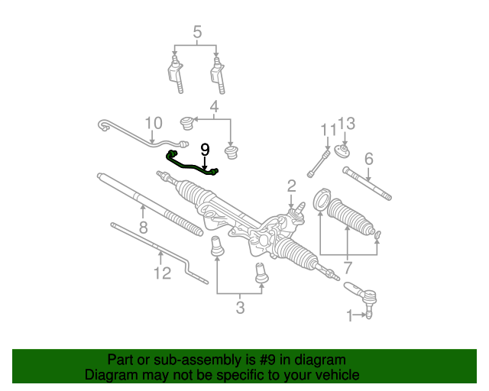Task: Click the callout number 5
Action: point(197,33)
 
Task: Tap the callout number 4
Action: point(215,107)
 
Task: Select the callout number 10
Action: point(154,123)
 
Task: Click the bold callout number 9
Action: point(205,150)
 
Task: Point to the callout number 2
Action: point(291,185)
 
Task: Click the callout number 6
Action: point(368,159)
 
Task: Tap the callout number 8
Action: point(143,228)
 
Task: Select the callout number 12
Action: point(162,273)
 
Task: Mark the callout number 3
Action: point(240,308)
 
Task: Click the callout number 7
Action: point(348,268)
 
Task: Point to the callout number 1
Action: point(351,315)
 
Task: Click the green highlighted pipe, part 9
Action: point(191,164)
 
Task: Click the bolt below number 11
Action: point(319,162)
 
